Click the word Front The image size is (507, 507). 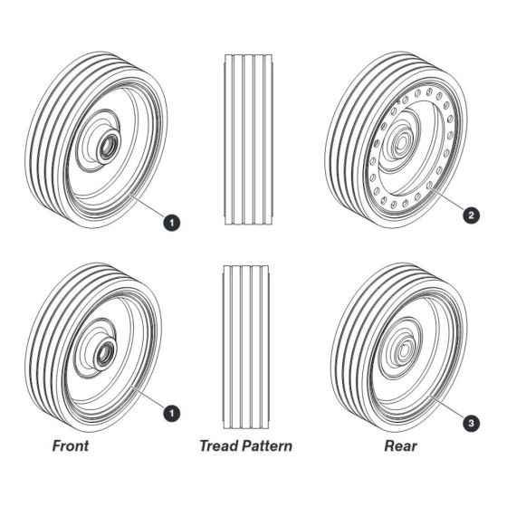click(x=71, y=445)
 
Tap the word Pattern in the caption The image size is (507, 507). click(x=267, y=445)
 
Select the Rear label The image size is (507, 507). click(x=400, y=445)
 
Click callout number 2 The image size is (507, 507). click(x=471, y=215)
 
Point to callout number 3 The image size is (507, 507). click(x=471, y=423)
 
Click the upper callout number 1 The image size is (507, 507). click(x=172, y=223)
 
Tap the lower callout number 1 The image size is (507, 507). click(x=172, y=413)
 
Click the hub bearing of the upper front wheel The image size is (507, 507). click(x=108, y=148)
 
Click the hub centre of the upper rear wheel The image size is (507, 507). click(x=402, y=141)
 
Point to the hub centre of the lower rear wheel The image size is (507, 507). click(x=404, y=349)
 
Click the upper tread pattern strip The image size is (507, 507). click(x=248, y=139)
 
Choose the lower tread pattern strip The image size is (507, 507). click(x=246, y=347)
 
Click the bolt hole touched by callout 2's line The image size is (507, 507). click(x=429, y=186)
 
